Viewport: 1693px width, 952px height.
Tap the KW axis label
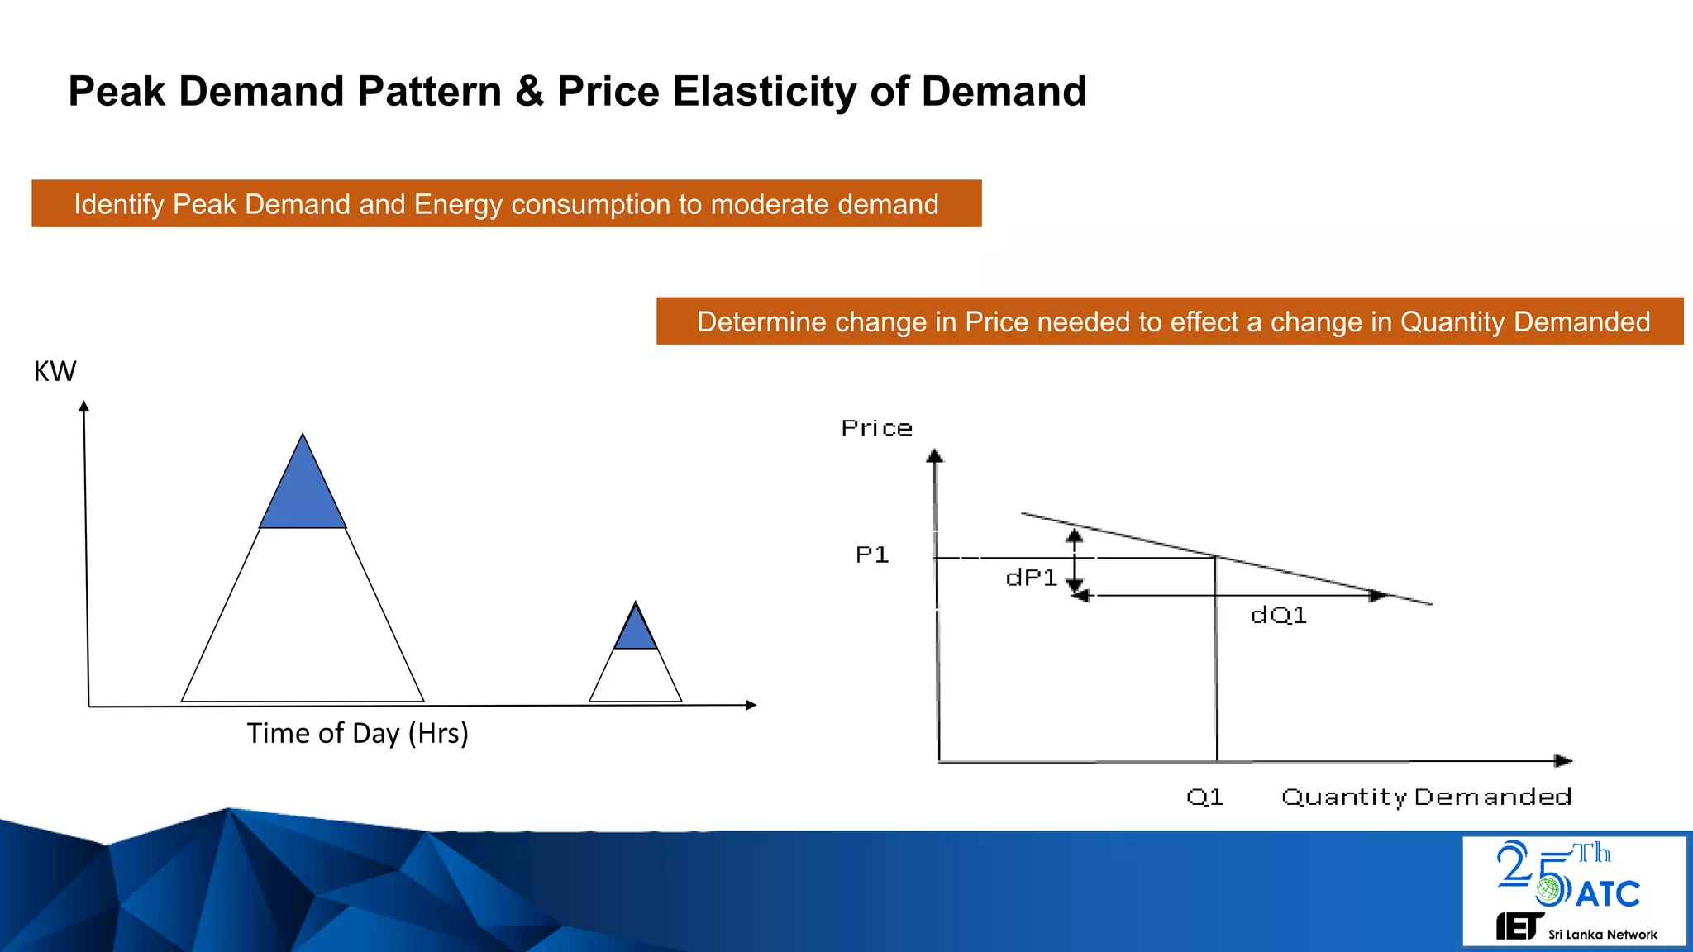coord(55,371)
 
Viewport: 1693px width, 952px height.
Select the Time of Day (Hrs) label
coord(357,733)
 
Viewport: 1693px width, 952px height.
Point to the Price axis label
coord(876,428)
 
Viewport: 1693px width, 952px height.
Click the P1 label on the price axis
coord(872,555)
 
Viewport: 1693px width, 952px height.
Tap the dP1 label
coord(1031,578)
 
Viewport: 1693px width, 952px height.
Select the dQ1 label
coord(1278,615)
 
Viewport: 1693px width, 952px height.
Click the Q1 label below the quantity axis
coord(1204,797)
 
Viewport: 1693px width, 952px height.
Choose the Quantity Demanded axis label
coord(1426,797)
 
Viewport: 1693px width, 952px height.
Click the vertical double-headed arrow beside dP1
coord(1075,561)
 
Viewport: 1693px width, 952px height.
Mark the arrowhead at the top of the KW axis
coord(83,406)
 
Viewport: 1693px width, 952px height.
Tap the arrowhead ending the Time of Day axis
coord(751,705)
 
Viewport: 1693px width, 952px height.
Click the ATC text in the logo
coord(1607,894)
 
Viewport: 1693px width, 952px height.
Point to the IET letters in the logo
coord(1519,927)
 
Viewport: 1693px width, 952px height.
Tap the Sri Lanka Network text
coord(1602,935)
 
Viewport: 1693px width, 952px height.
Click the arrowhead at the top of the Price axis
coord(935,455)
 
